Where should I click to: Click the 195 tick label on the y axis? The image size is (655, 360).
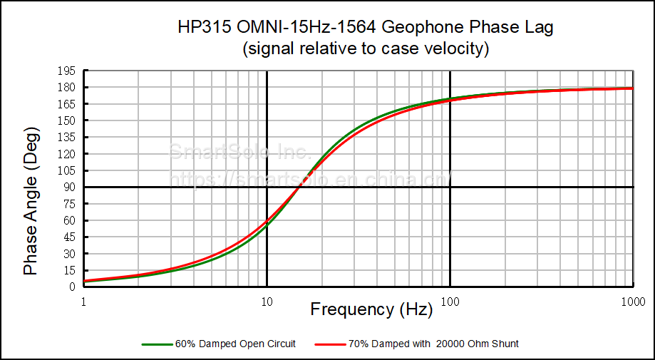(x=68, y=71)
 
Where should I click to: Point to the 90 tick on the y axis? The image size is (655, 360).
(x=71, y=187)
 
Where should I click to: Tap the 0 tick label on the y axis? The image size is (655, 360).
(x=73, y=287)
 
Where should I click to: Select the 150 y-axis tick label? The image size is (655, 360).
(x=68, y=120)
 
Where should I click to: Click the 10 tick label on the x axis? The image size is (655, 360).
(x=267, y=301)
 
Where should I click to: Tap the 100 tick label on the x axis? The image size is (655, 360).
(x=450, y=301)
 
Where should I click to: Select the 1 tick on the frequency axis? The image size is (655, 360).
(x=84, y=301)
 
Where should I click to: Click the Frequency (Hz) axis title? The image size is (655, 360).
(x=371, y=309)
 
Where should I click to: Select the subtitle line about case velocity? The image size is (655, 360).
(x=366, y=49)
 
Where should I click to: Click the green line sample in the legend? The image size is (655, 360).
(x=157, y=344)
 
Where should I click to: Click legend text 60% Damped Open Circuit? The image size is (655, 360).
(x=235, y=344)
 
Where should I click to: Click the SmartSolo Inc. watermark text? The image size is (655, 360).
(x=238, y=152)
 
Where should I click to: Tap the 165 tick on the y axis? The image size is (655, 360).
(x=68, y=104)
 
